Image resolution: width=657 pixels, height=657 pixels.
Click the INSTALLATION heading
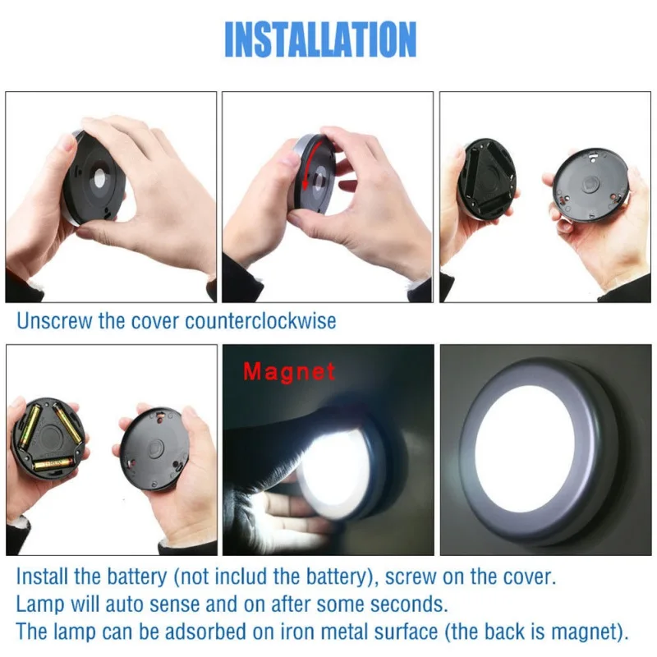click(320, 39)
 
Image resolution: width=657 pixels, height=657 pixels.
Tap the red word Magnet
click(289, 371)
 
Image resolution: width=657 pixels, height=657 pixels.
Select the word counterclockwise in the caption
click(260, 320)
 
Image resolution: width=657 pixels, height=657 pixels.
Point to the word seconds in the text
click(409, 605)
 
